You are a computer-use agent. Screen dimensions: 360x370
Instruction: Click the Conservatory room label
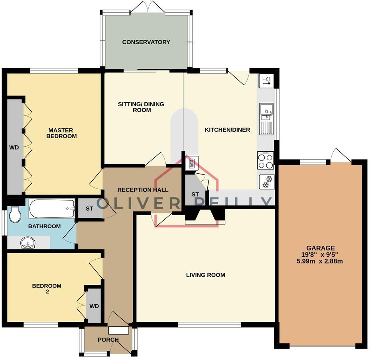click(x=146, y=42)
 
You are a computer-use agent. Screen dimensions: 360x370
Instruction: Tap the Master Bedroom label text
click(x=62, y=133)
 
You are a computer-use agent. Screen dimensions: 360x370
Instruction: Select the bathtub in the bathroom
click(x=52, y=208)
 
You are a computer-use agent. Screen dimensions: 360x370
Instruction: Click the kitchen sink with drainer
click(x=266, y=119)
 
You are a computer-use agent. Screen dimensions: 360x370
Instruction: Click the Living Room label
click(x=205, y=275)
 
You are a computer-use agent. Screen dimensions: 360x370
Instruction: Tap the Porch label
click(x=108, y=340)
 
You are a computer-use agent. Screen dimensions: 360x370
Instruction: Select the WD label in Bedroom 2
click(x=94, y=306)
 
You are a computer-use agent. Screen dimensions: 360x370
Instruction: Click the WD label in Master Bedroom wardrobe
click(x=14, y=147)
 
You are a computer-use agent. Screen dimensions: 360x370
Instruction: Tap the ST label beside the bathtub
click(x=90, y=208)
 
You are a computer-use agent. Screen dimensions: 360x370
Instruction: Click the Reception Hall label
click(x=137, y=190)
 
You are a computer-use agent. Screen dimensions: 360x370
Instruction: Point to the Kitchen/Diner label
click(x=227, y=130)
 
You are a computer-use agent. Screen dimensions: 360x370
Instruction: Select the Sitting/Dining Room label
click(x=141, y=107)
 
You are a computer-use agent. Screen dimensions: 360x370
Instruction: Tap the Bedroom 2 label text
click(x=47, y=289)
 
